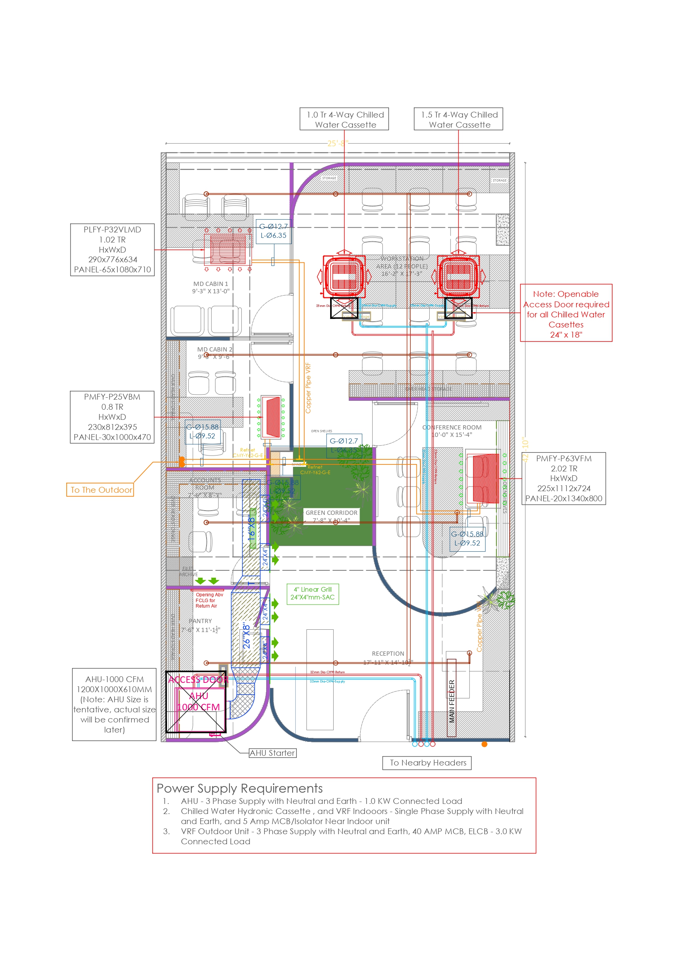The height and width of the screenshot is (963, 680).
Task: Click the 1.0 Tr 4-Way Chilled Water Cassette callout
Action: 344,119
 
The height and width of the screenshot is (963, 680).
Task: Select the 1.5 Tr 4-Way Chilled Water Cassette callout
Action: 458,119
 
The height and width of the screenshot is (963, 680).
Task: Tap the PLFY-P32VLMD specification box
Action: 112,249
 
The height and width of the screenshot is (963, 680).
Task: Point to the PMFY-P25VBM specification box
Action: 112,417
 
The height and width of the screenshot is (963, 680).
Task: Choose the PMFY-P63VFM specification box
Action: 563,478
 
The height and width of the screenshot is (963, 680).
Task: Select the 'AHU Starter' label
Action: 272,753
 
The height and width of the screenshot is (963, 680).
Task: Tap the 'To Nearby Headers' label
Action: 427,763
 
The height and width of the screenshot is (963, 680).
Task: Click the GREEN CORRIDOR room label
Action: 331,513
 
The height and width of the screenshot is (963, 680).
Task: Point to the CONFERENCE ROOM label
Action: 452,428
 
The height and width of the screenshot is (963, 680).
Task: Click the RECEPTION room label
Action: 388,654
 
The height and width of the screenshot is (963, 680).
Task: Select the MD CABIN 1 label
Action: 210,284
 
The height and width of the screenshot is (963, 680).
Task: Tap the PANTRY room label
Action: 200,621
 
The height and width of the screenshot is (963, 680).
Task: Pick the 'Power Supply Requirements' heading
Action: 240,788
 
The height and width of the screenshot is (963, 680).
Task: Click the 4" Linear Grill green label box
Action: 313,594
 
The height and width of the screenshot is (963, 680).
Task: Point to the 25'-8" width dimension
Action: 338,144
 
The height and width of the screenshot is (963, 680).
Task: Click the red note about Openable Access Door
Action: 566,314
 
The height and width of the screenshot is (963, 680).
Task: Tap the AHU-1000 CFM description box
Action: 114,704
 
